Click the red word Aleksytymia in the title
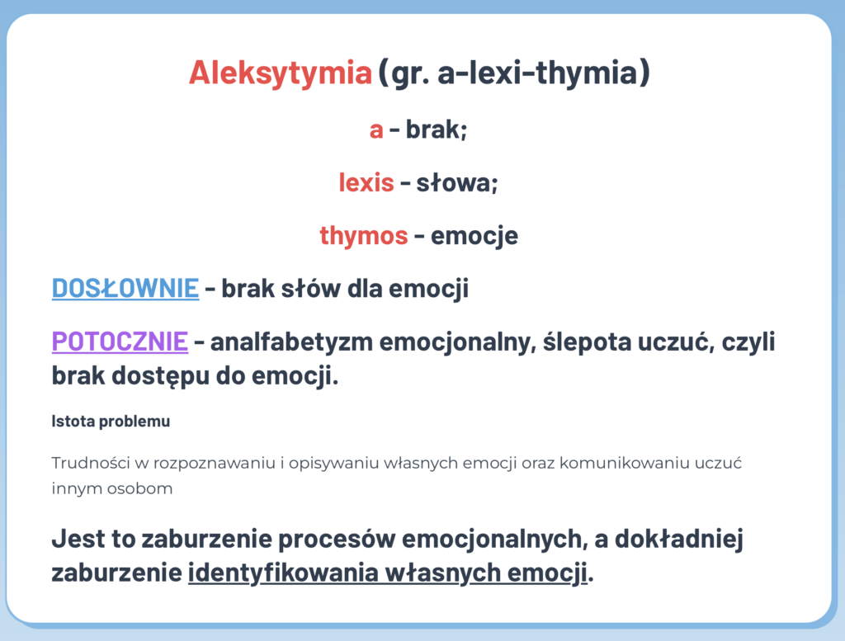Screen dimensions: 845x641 tap(281, 73)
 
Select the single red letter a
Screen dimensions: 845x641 tap(376, 130)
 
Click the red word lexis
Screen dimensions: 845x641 tap(366, 182)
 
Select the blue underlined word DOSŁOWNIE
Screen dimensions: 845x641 tap(125, 289)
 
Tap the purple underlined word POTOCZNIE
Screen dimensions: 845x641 tap(120, 342)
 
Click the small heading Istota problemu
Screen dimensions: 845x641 tap(111, 422)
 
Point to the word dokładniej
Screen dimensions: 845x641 tap(679, 540)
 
